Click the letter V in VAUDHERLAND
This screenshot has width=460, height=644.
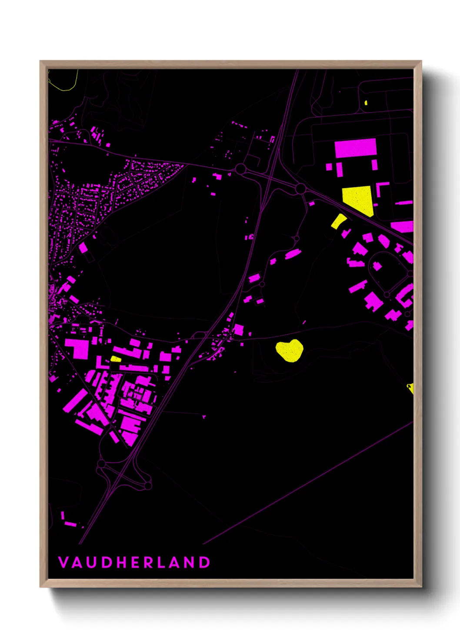pyautogui.click(x=63, y=562)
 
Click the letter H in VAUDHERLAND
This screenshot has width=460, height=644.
pyautogui.click(x=122, y=562)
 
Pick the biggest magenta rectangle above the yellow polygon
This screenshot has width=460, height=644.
pyautogui.click(x=355, y=148)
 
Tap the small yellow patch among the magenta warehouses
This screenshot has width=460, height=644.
pyautogui.click(x=116, y=359)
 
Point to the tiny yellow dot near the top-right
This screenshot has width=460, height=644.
pyautogui.click(x=366, y=103)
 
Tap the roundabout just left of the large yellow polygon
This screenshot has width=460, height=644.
pyautogui.click(x=300, y=189)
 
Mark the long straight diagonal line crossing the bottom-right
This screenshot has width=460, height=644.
pyautogui.click(x=309, y=483)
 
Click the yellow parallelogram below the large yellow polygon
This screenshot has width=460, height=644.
pyautogui.click(x=338, y=221)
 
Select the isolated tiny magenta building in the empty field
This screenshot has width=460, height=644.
pyautogui.click(x=204, y=416)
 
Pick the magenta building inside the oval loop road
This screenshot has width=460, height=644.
pyautogui.click(x=377, y=266)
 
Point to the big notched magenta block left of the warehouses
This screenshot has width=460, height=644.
pyautogui.click(x=77, y=348)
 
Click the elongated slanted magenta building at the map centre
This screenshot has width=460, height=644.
pyautogui.click(x=293, y=254)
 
